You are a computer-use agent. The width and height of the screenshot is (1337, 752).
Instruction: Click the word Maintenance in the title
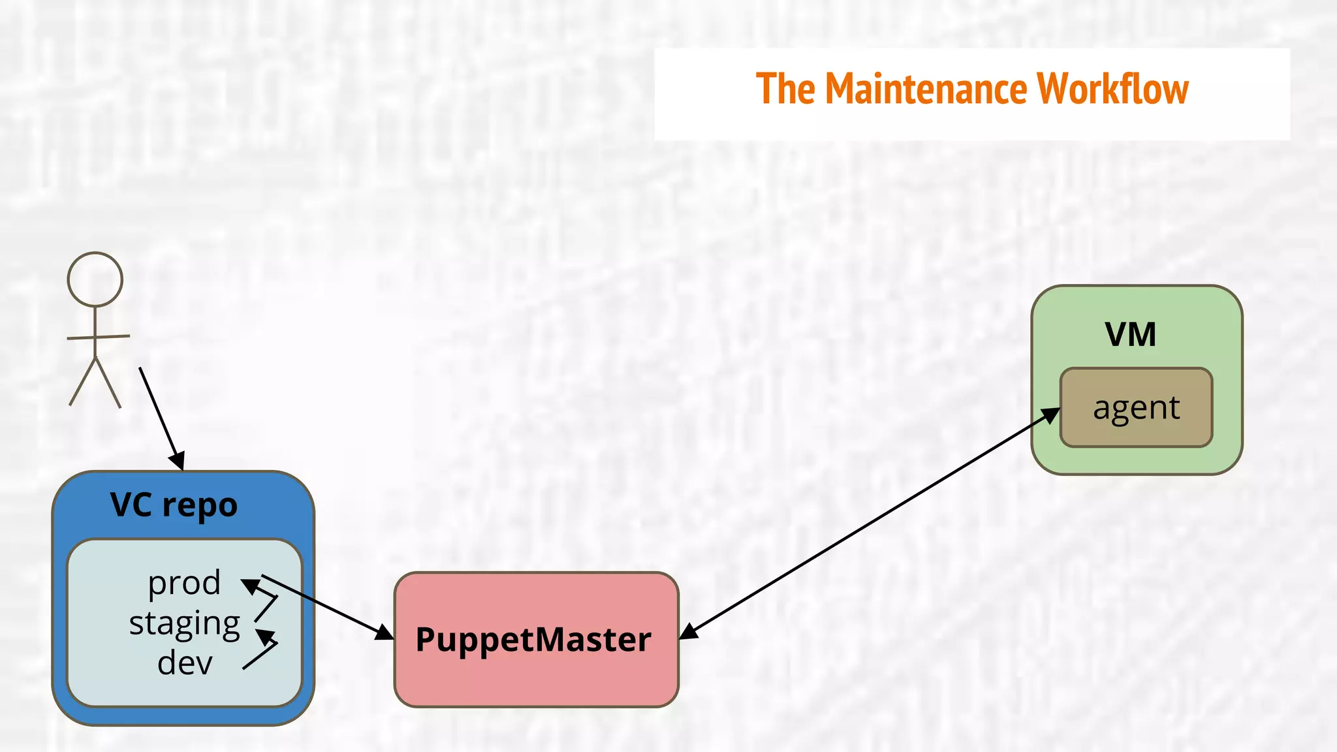point(926,89)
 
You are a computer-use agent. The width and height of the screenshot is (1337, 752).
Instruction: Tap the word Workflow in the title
point(1112,89)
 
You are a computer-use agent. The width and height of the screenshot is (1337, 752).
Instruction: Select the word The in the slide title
point(785,89)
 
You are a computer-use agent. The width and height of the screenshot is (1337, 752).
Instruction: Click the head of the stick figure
point(95,279)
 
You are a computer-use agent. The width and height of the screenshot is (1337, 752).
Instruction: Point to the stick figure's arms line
point(98,337)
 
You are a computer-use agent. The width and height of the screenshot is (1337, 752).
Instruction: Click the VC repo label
point(174,505)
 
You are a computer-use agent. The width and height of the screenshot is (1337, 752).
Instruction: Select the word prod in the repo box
point(184,582)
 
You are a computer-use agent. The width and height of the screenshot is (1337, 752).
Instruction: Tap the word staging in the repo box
point(185,623)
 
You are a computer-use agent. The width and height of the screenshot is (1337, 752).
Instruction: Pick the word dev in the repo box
point(185,663)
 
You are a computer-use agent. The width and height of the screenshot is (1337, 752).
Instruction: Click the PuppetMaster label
point(533,639)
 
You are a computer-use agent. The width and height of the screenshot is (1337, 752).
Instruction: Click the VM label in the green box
point(1130,334)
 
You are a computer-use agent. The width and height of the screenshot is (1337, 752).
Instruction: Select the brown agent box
point(1136,408)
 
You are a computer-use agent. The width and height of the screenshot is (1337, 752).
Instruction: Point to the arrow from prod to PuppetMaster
point(320,604)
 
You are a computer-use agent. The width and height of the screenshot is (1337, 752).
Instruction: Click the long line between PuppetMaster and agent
point(868,522)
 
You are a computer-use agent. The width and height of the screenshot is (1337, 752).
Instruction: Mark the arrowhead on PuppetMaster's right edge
point(689,631)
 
